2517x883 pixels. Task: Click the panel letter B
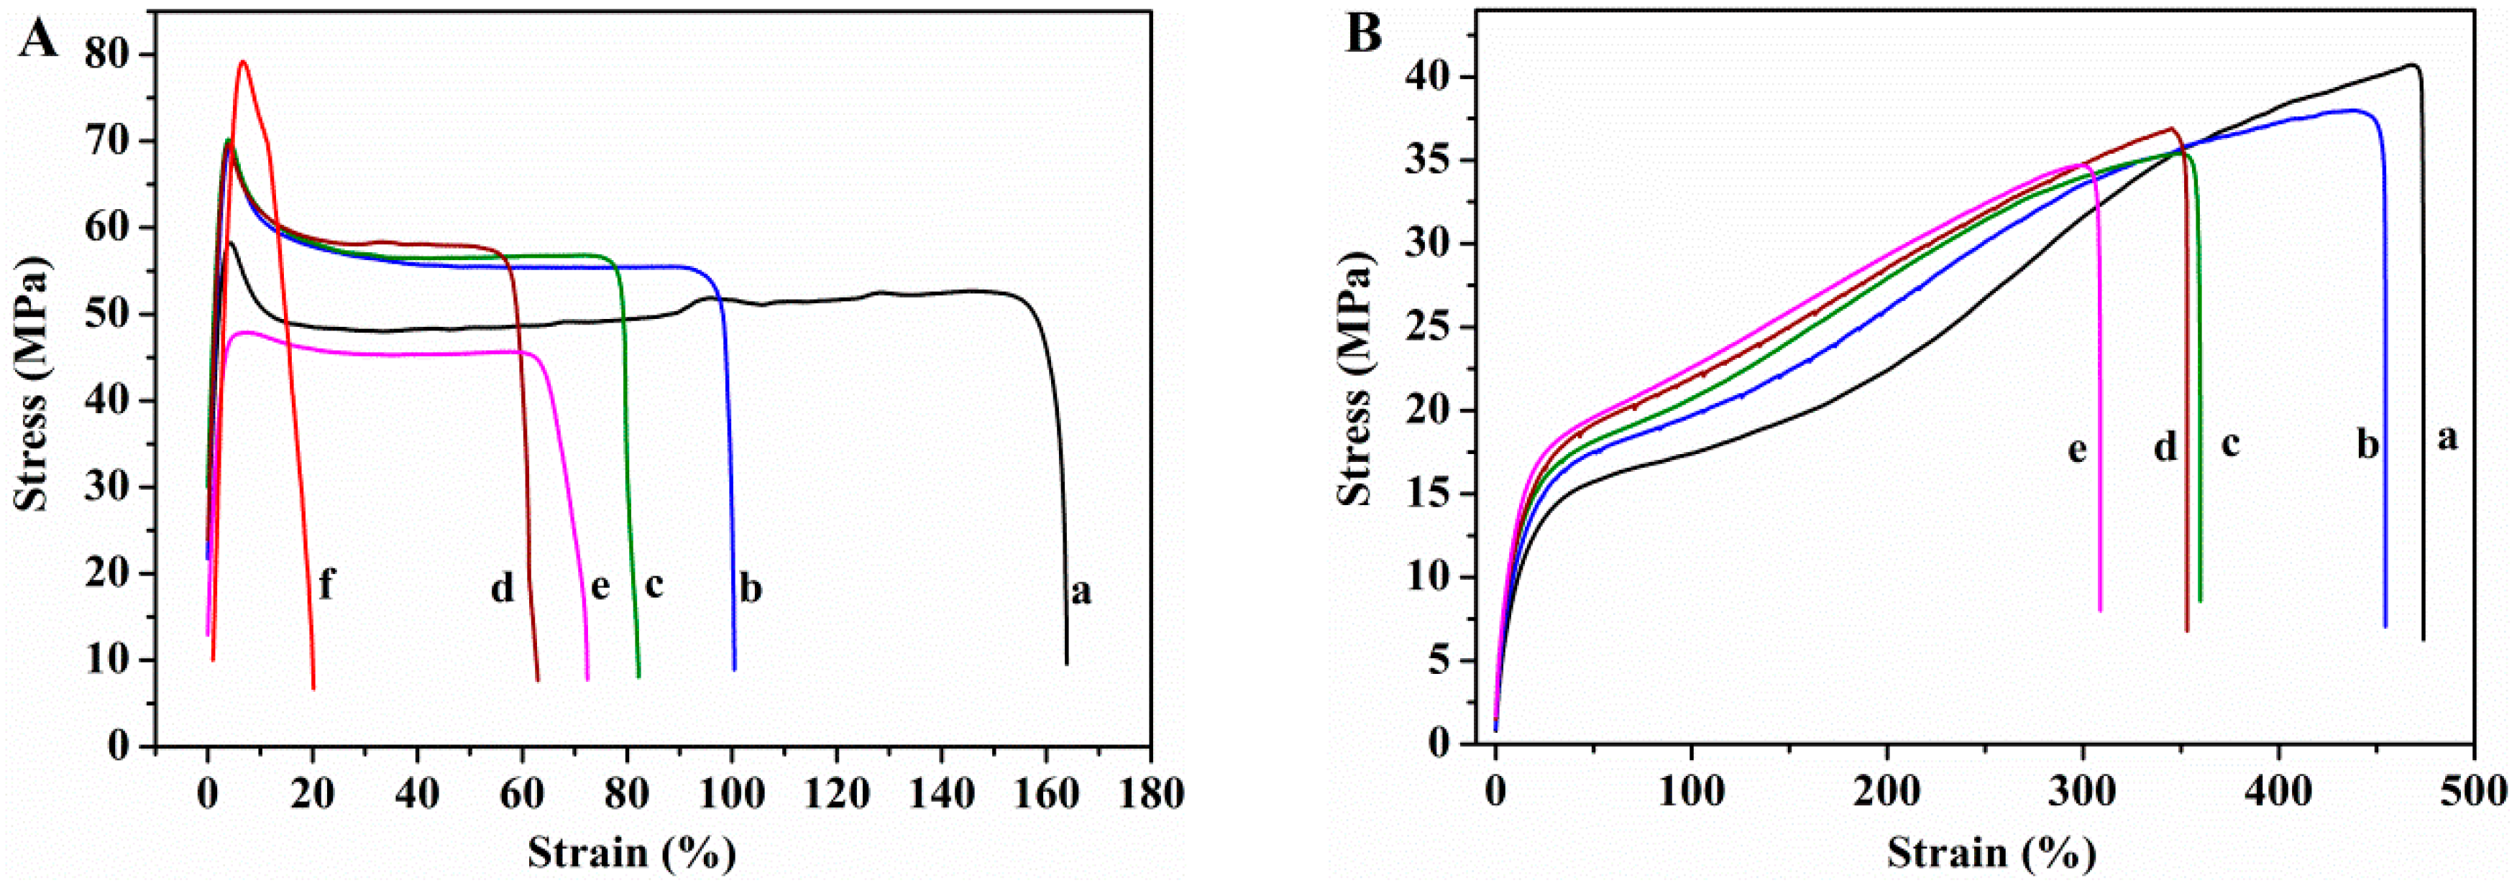pyautogui.click(x=1363, y=35)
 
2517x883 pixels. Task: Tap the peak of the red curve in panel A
pyautogui.click(x=242, y=63)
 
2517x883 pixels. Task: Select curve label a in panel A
pyautogui.click(x=1080, y=592)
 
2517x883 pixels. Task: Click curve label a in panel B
pyautogui.click(x=2447, y=438)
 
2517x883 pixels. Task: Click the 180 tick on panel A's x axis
pyautogui.click(x=1151, y=792)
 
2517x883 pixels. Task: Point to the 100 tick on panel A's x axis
pyautogui.click(x=731, y=792)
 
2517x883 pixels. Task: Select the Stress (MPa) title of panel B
pyautogui.click(x=1354, y=391)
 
